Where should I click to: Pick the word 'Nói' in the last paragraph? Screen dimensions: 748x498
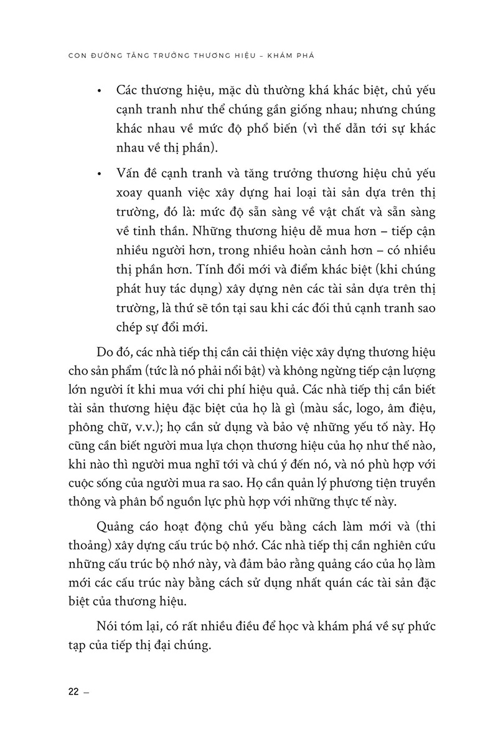point(108,625)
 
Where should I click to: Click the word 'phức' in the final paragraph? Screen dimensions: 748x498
point(414,625)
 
